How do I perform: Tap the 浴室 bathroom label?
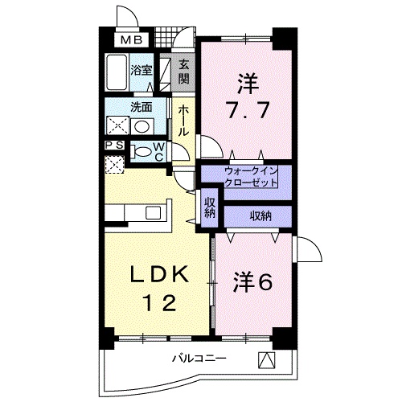pyautogui.click(x=143, y=70)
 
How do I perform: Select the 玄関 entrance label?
pyautogui.click(x=183, y=72)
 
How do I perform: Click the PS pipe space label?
pyautogui.click(x=114, y=146)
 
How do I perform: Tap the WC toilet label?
pyautogui.click(x=158, y=151)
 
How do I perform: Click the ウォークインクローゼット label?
pyautogui.click(x=251, y=177)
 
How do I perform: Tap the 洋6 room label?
pyautogui.click(x=253, y=282)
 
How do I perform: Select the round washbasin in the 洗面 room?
pyautogui.click(x=142, y=126)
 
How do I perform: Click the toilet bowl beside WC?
pyautogui.click(x=142, y=151)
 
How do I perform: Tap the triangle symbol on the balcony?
pyautogui.click(x=265, y=360)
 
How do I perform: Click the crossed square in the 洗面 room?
pyautogui.click(x=117, y=126)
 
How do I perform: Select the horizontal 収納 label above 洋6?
pyautogui.click(x=259, y=215)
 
